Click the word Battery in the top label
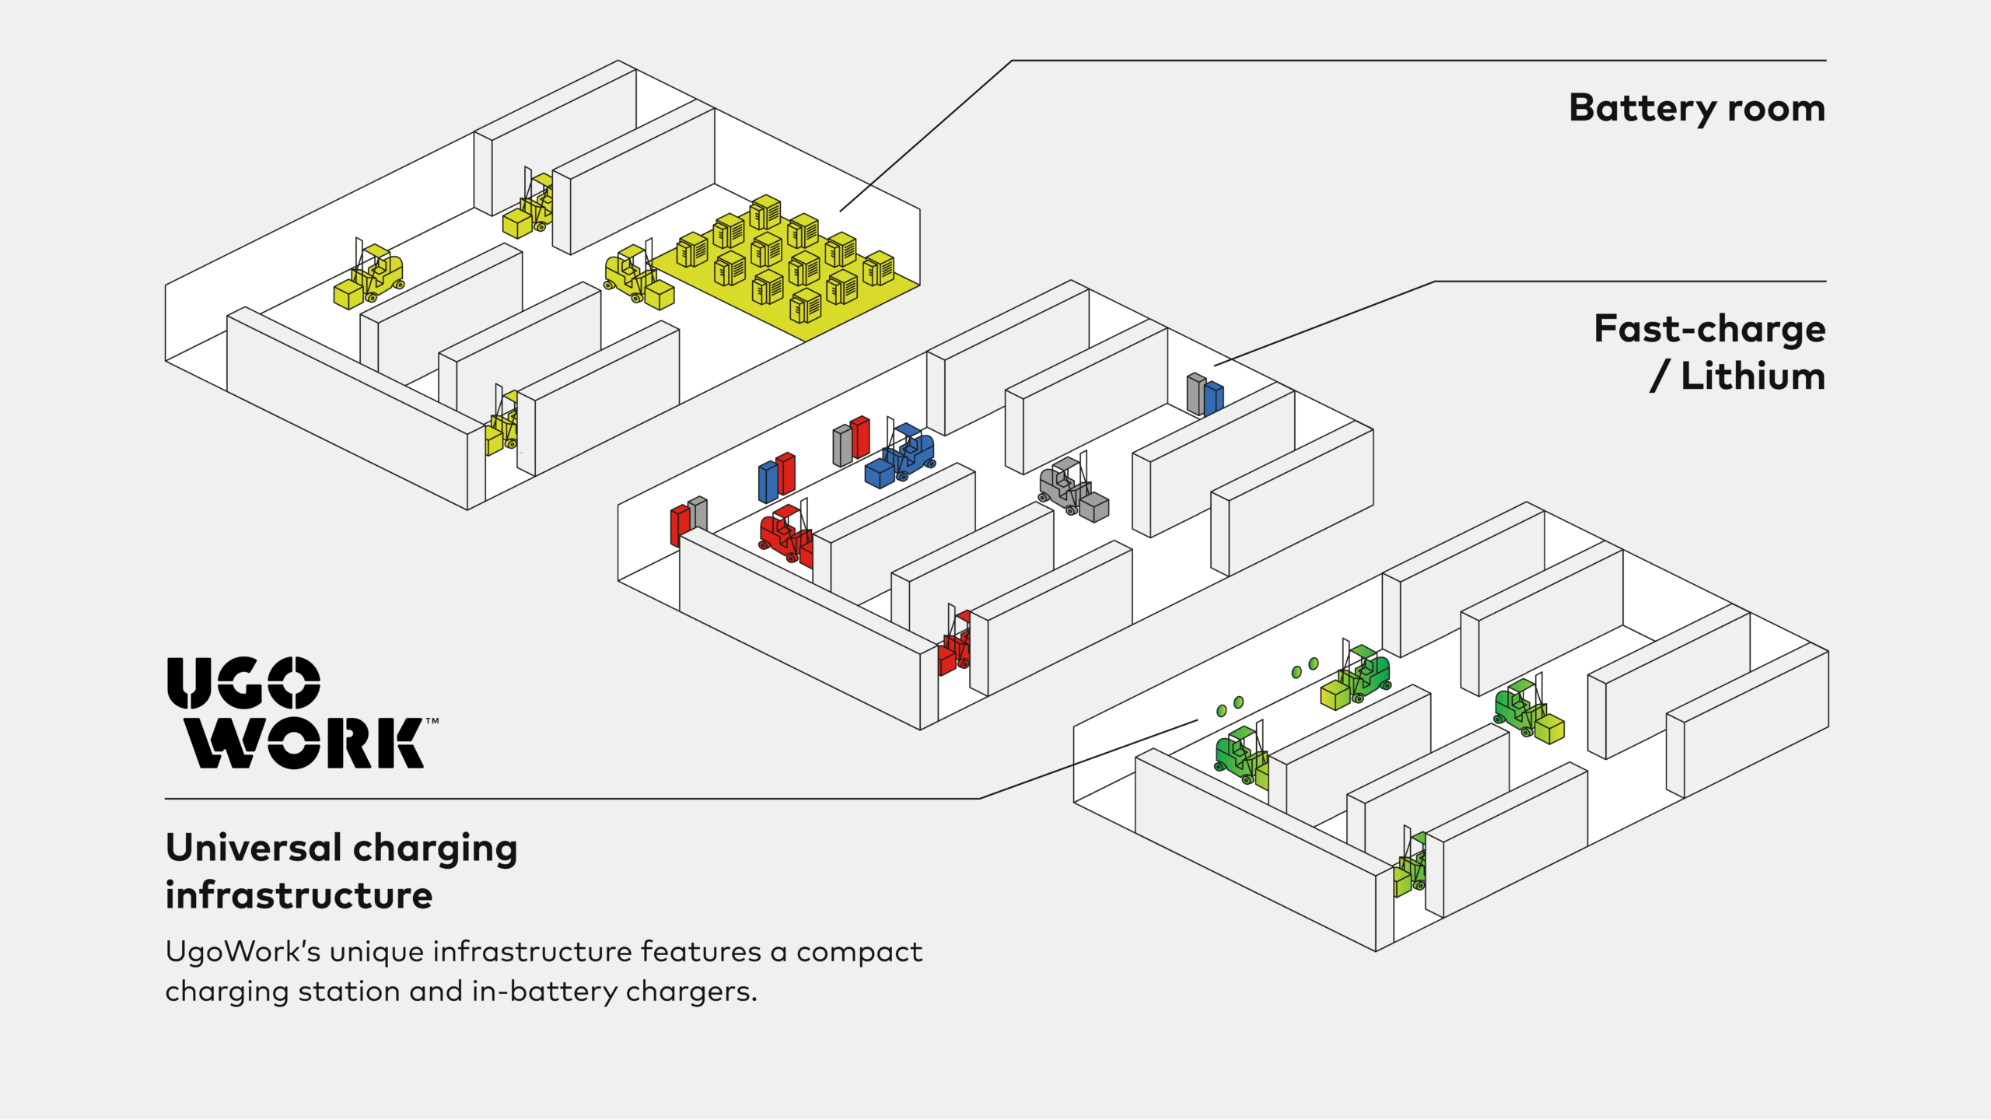point(1641,109)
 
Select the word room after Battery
point(1776,109)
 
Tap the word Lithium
point(1753,377)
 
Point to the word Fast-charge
point(1709,329)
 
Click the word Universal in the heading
point(254,848)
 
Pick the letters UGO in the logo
point(243,683)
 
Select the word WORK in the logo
point(305,744)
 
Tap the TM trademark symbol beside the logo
point(432,722)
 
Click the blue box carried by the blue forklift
point(879,473)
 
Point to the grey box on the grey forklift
point(1095,507)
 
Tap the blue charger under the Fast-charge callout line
point(1214,397)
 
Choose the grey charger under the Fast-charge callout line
point(1195,393)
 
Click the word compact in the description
point(859,952)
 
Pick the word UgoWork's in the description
point(243,952)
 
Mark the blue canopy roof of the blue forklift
point(908,429)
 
